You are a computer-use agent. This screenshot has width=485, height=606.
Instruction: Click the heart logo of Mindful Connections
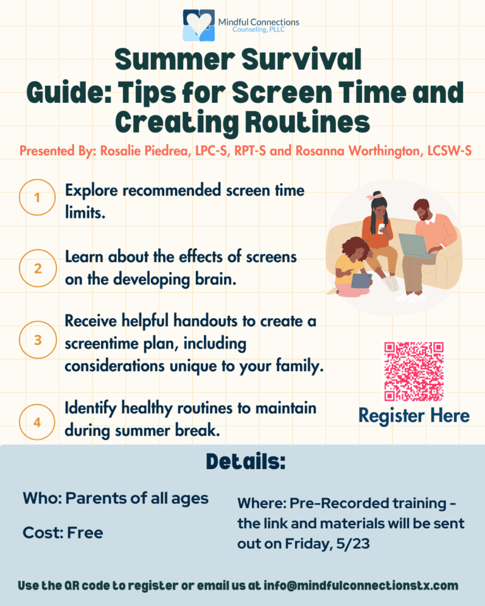[x=199, y=25]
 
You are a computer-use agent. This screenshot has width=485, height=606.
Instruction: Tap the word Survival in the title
[x=302, y=59]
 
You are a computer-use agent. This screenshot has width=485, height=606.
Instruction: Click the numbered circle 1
[x=37, y=197]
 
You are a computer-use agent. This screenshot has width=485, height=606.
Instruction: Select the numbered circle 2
[x=37, y=268]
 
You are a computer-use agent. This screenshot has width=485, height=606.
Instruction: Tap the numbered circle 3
[x=37, y=340]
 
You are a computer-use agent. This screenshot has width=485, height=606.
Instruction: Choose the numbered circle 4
[x=37, y=422]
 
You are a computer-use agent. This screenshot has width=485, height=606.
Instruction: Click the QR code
[x=414, y=371]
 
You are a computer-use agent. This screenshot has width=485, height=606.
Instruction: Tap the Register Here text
[x=414, y=416]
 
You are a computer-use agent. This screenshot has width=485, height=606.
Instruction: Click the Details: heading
[x=246, y=461]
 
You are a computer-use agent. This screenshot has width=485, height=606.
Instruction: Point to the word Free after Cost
[x=85, y=533]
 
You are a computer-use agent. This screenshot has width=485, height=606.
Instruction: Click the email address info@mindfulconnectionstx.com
[x=361, y=586]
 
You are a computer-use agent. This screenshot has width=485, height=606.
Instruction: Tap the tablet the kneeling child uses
[x=362, y=280]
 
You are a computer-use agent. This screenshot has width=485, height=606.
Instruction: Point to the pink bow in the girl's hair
[x=374, y=196]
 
